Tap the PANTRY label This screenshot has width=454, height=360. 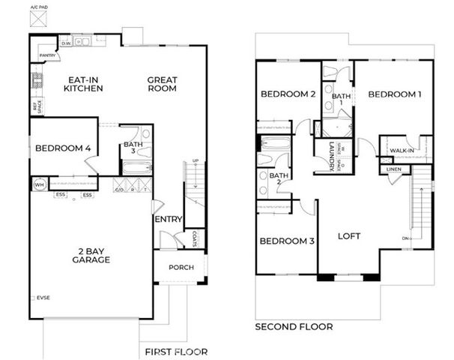pos(48,55)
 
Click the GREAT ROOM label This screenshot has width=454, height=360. pos(162,84)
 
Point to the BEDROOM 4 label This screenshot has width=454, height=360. pos(63,148)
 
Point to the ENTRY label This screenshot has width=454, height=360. pos(168,220)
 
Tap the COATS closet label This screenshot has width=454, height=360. pos(193,238)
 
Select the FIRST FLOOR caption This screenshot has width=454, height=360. pos(176,352)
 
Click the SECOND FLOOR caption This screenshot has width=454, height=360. pos(294,327)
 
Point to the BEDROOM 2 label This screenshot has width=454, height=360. pos(287,94)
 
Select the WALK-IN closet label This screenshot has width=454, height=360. pos(403,151)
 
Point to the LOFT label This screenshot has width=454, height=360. pos(348,235)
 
